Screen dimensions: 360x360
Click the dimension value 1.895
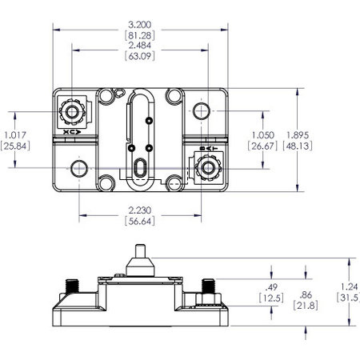[x=322, y=134]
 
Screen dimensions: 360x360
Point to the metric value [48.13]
[x=322, y=146]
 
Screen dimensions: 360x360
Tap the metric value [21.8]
[x=306, y=306]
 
